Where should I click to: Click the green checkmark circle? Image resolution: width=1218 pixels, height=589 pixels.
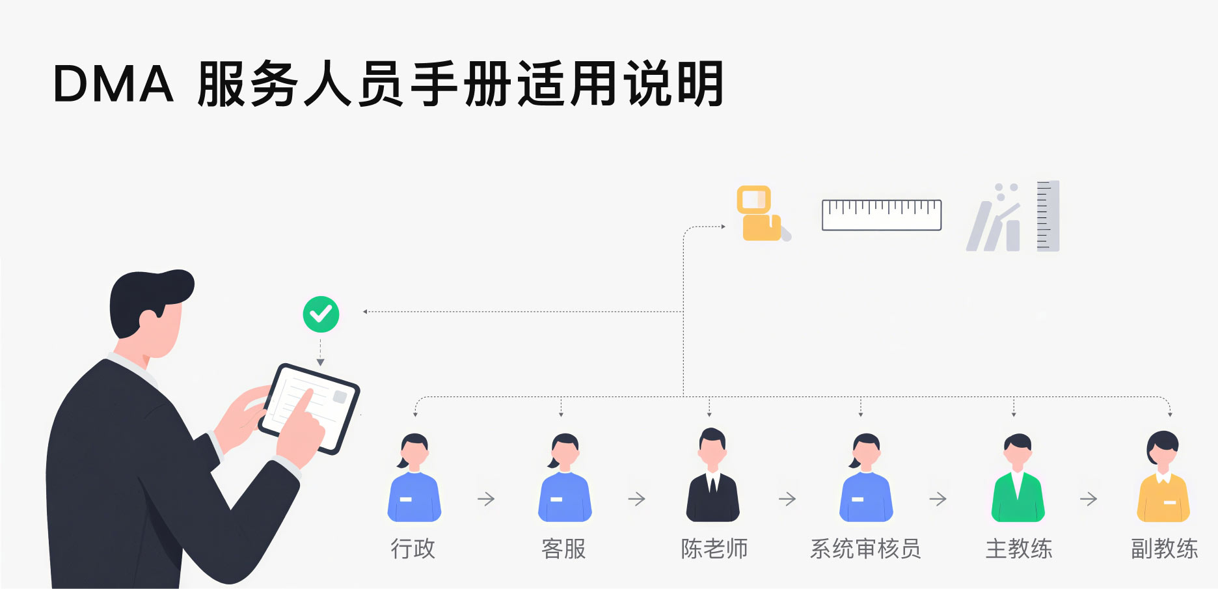pos(321,314)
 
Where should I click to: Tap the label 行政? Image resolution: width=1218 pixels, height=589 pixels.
pos(413,549)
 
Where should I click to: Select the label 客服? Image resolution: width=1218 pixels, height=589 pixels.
pos(563,549)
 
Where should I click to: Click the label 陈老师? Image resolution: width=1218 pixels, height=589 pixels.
pos(714,549)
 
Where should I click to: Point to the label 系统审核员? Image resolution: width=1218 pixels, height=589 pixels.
pos(865,549)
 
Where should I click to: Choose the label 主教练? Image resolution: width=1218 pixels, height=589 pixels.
pos(1018,549)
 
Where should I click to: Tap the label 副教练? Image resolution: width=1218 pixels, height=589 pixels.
pos(1164,549)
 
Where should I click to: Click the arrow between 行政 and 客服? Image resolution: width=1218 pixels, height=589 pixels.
pos(486,499)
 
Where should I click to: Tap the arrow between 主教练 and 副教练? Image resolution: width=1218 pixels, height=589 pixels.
pos(1089,499)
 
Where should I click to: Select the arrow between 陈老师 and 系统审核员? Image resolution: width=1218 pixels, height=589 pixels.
pos(787,499)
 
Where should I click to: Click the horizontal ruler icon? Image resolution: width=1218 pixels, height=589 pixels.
pos(882,215)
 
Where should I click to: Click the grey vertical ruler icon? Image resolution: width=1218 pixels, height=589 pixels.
pos(1048,216)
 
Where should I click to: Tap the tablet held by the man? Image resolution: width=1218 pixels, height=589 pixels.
pos(309,408)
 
